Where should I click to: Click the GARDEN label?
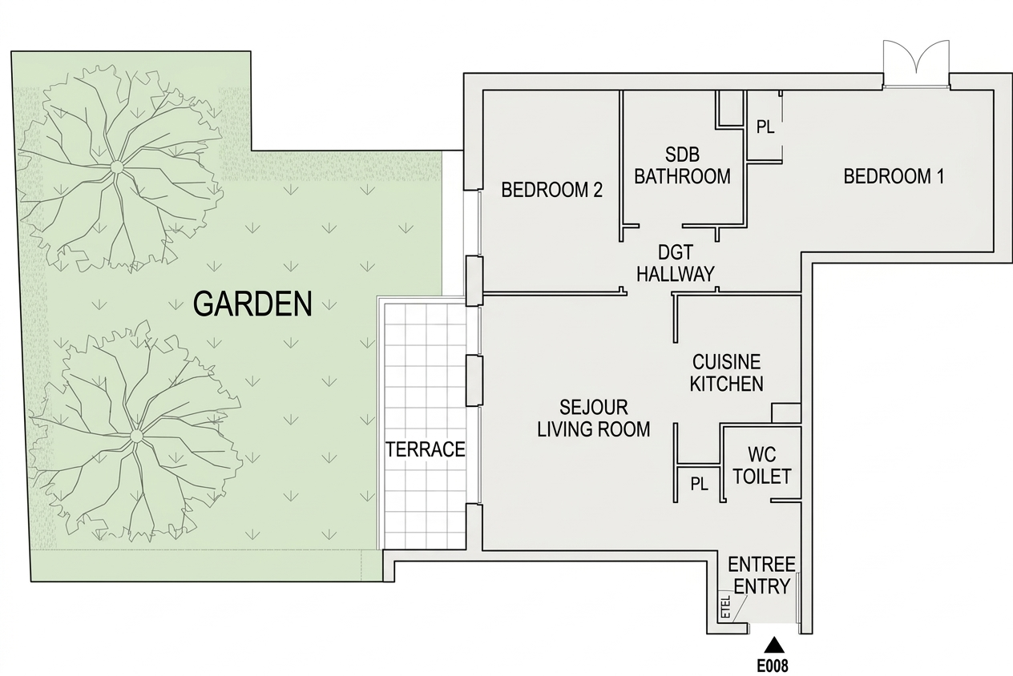[252, 304]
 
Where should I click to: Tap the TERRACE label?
[425, 449]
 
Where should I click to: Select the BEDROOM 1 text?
[894, 176]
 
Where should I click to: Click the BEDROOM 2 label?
[551, 190]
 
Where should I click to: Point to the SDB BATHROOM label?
[683, 165]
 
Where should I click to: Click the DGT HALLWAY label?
[676, 263]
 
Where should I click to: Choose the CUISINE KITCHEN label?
[727, 372]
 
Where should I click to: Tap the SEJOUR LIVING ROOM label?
[593, 418]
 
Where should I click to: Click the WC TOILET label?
[762, 465]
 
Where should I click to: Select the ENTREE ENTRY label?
[761, 575]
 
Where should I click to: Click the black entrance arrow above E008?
[776, 645]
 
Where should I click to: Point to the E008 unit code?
[773, 666]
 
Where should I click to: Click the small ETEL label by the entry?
[726, 606]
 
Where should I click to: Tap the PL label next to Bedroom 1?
[765, 127]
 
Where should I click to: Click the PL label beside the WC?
[699, 485]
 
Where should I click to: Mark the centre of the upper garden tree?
[116, 167]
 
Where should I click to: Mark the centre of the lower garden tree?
[135, 436]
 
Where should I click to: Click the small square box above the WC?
[786, 413]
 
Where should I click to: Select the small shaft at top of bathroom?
[730, 108]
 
